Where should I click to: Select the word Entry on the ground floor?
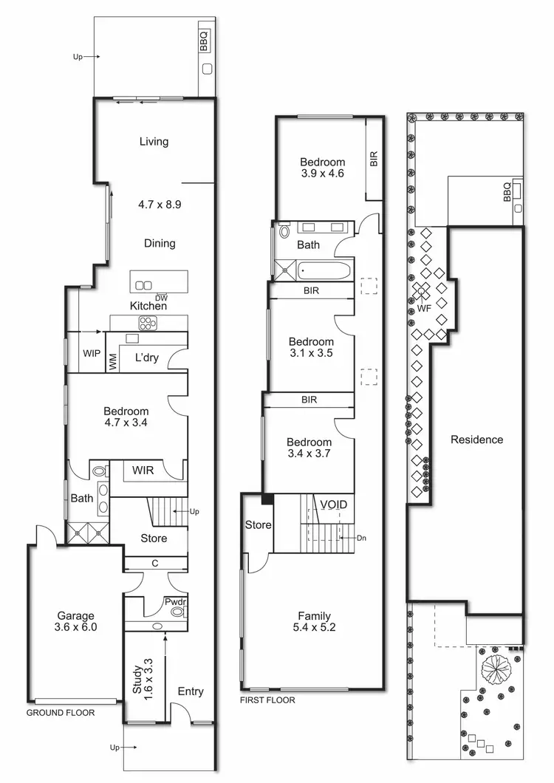point(191,691)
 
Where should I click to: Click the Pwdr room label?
point(176,602)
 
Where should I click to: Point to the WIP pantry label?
point(92,354)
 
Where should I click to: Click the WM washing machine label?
point(113,362)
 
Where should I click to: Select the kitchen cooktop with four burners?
point(148,322)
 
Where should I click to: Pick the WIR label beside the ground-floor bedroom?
point(143,470)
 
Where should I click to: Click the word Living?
point(154,142)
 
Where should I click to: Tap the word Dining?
point(160,243)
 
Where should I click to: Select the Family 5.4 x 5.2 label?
point(314,621)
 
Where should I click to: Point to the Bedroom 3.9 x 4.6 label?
point(322,168)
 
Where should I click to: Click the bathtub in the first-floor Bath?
point(324,271)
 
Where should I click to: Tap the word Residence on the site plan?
point(476,440)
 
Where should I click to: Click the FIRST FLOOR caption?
point(268,700)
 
